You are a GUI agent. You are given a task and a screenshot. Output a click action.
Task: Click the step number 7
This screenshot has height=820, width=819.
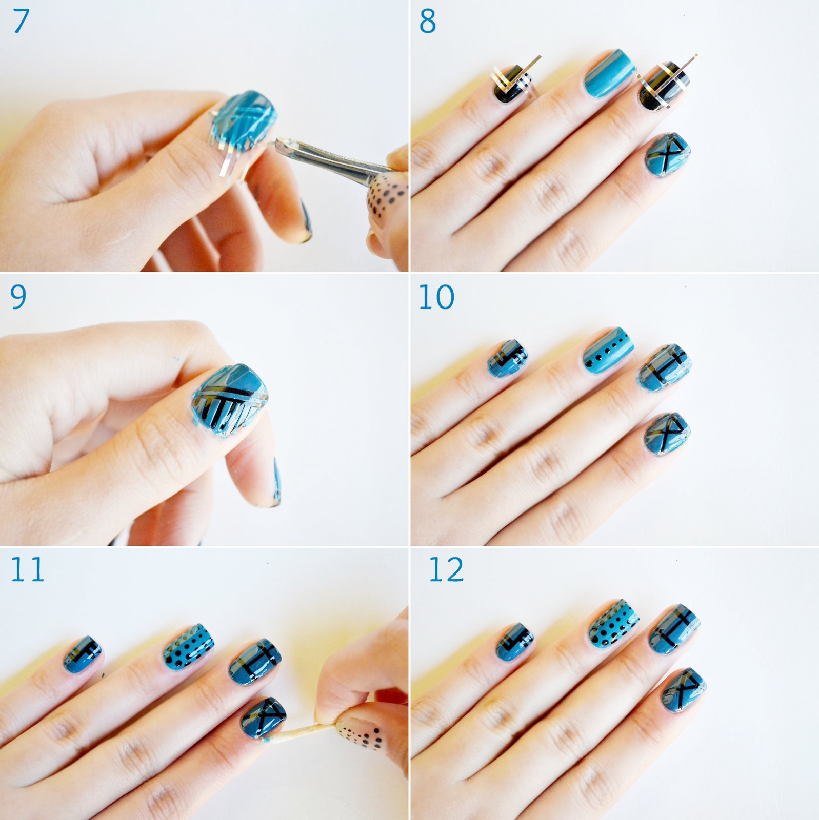pyautogui.click(x=21, y=22)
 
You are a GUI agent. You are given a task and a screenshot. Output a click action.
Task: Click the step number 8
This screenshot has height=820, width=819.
pyautogui.click(x=428, y=22)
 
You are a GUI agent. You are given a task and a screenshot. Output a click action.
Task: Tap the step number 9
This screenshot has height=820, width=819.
pyautogui.click(x=18, y=297)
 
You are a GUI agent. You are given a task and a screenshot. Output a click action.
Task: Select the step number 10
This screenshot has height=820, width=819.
pyautogui.click(x=436, y=297)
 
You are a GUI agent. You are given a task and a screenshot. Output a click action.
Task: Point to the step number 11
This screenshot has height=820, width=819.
pyautogui.click(x=27, y=569)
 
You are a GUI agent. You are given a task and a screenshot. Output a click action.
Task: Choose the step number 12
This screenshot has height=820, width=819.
pyautogui.click(x=446, y=569)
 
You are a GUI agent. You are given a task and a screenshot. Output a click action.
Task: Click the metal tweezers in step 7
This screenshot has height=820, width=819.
pyautogui.click(x=333, y=159)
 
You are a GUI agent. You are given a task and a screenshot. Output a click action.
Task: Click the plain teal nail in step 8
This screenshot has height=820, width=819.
pyautogui.click(x=609, y=74)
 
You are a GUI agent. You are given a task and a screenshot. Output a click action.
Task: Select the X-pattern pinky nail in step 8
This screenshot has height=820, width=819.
pyautogui.click(x=667, y=154)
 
